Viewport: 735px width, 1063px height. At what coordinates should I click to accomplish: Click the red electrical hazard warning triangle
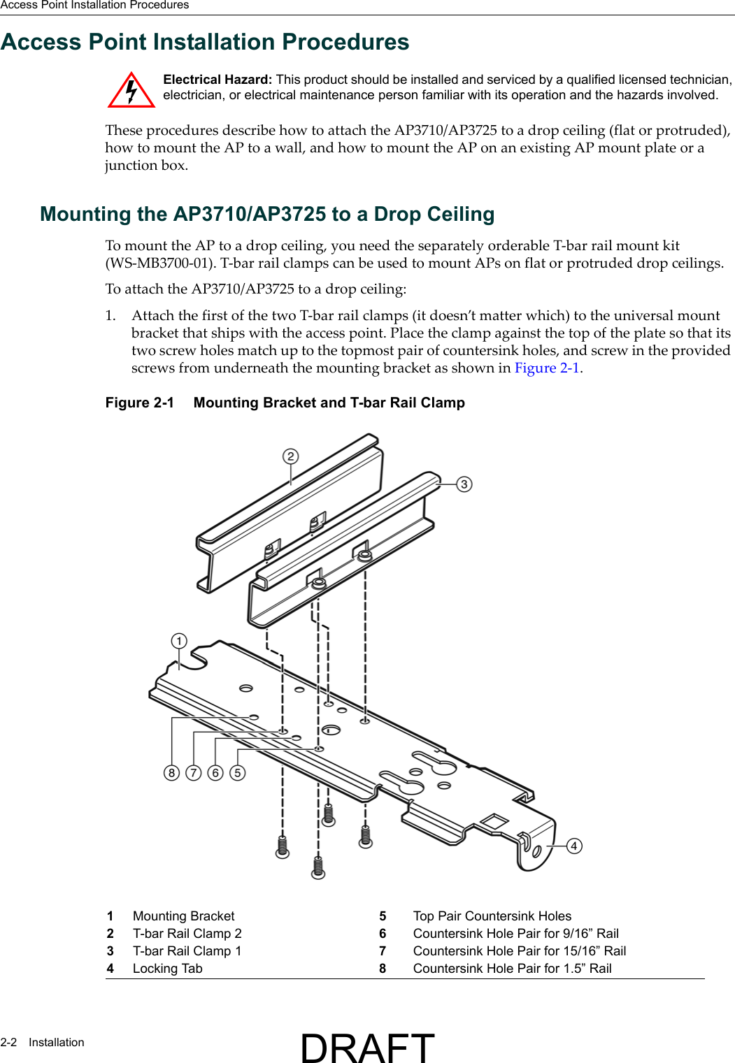(x=131, y=91)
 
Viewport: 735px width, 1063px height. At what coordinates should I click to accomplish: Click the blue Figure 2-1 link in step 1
(x=547, y=368)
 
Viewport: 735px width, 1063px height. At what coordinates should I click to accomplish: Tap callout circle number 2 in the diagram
(x=290, y=456)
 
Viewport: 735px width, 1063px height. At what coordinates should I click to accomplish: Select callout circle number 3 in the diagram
(x=464, y=484)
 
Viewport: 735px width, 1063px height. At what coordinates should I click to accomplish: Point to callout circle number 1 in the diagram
(x=179, y=641)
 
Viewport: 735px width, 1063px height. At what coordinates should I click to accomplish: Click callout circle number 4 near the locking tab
(x=573, y=846)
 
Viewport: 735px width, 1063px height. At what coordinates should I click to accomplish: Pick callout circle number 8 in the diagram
(x=171, y=772)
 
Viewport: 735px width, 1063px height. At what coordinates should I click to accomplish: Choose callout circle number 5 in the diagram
(x=238, y=772)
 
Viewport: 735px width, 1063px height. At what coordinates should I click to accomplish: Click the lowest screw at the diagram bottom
(x=318, y=867)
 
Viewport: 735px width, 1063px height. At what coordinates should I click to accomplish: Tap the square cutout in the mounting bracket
(x=494, y=821)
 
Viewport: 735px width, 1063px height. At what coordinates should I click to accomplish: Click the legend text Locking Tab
(x=167, y=969)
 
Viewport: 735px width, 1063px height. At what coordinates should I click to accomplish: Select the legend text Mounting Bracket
(x=183, y=916)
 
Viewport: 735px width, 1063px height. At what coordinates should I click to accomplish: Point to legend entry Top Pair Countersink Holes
(x=492, y=916)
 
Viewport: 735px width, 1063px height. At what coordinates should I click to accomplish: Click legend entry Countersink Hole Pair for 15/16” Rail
(x=519, y=951)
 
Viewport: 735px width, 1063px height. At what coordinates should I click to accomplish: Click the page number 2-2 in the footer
(x=8, y=1042)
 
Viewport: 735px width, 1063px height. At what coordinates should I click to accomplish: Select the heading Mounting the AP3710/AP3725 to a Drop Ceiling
(x=267, y=214)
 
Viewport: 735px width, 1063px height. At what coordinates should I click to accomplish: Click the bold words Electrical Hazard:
(x=217, y=80)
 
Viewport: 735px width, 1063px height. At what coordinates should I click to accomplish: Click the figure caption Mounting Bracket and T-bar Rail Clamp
(x=329, y=403)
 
